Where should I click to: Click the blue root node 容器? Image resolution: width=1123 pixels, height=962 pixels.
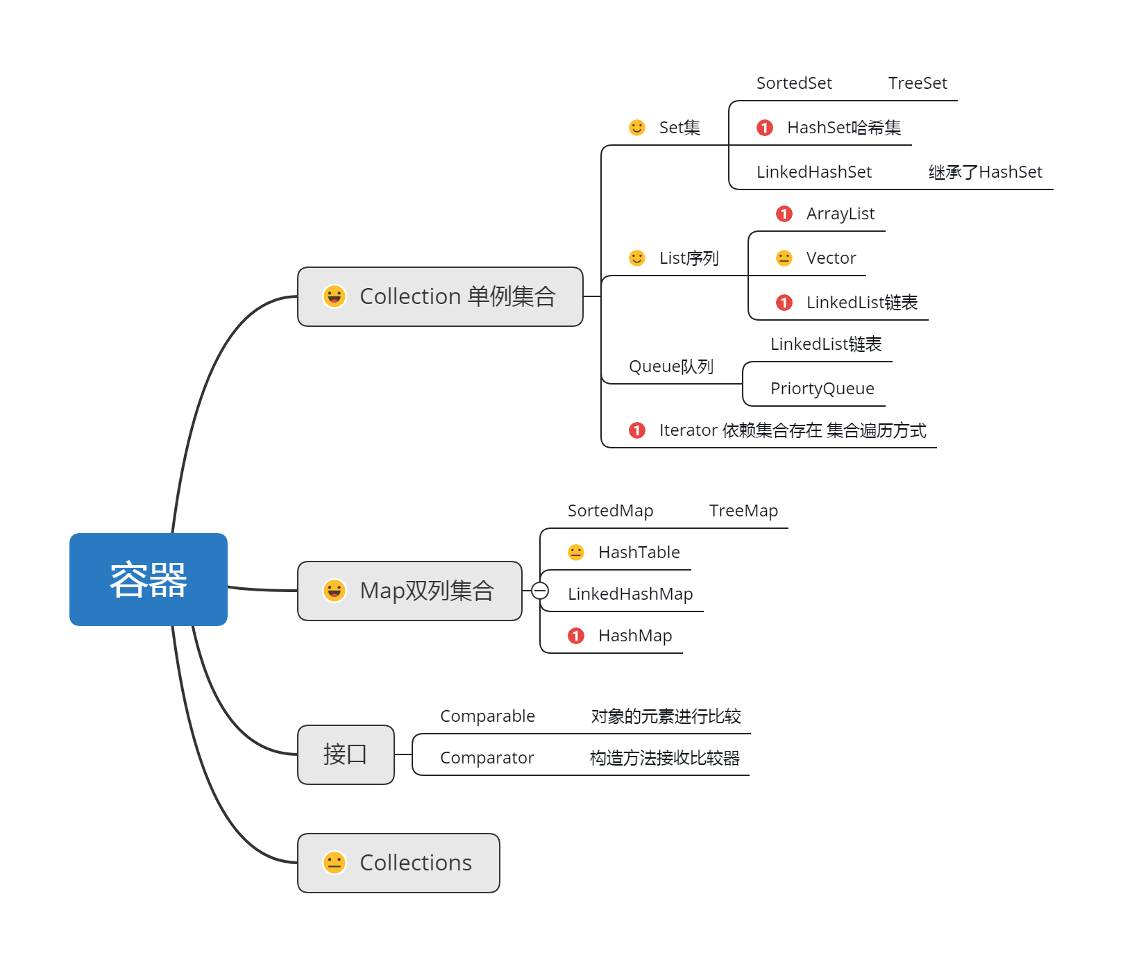(x=149, y=580)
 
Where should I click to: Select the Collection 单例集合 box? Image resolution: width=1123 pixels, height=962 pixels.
(x=440, y=296)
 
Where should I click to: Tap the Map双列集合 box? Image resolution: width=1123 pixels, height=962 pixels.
(x=409, y=591)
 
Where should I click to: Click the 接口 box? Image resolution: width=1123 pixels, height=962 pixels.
(x=346, y=754)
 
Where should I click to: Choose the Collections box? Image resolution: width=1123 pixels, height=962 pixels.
(x=398, y=863)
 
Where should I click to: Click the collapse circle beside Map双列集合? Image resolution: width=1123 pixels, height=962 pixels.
(x=540, y=591)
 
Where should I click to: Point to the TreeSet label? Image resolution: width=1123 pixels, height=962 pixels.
(x=918, y=83)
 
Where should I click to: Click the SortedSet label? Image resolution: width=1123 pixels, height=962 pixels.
(x=794, y=83)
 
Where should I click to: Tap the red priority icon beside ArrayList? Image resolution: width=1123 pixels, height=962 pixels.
(x=784, y=214)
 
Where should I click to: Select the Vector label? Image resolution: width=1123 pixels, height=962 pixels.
(x=831, y=258)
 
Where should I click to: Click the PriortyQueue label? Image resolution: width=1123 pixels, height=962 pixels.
(x=822, y=389)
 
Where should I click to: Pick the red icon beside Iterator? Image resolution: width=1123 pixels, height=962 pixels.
(x=637, y=430)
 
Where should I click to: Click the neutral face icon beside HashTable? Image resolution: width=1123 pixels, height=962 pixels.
(x=576, y=552)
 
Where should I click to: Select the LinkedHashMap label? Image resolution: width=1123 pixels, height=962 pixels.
(x=630, y=594)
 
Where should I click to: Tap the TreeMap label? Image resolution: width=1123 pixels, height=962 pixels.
(x=743, y=511)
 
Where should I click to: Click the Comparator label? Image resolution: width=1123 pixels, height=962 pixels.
(x=487, y=758)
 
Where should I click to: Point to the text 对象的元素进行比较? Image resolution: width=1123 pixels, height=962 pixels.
(x=666, y=716)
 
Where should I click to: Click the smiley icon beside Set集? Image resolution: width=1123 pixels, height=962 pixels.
(x=637, y=128)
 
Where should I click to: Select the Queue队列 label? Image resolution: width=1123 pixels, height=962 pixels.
(x=670, y=366)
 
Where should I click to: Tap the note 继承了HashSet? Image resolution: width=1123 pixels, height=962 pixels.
(x=985, y=172)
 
